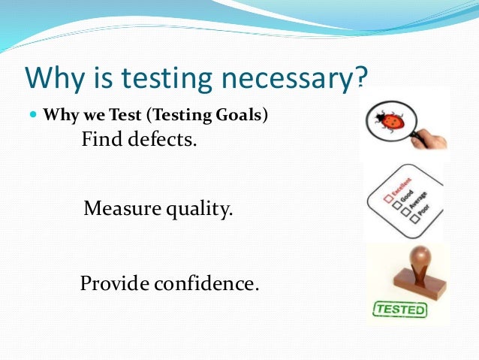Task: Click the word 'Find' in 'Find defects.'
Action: point(100,140)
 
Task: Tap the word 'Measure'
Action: point(118,208)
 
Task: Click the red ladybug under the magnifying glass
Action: point(388,119)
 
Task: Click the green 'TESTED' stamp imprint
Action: point(399,309)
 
